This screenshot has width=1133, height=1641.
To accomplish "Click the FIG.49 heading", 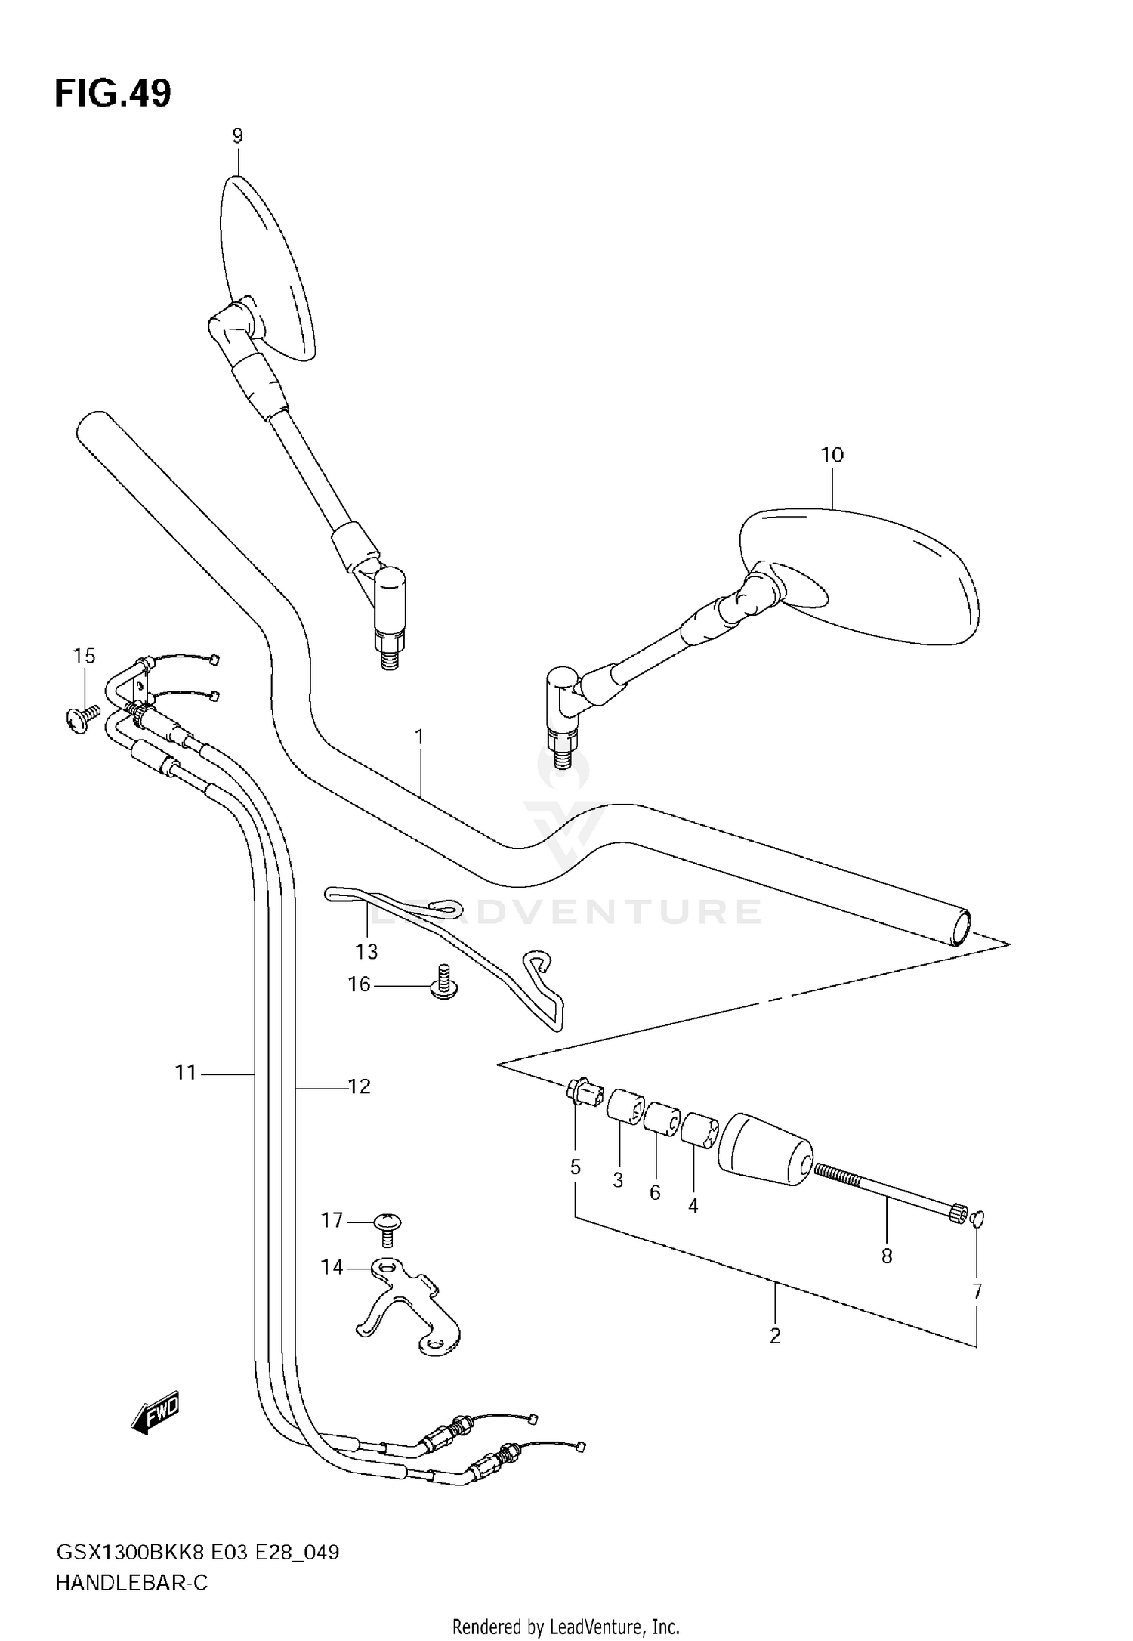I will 113,94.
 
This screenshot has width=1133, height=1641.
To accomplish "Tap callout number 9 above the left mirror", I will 237,137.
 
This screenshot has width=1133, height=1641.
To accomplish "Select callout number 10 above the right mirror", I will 832,455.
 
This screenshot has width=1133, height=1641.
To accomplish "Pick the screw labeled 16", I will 444,982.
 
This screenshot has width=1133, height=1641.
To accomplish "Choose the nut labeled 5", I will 582,1092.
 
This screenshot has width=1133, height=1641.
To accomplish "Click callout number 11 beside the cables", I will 186,1072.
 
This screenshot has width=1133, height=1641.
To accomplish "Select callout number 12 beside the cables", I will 360,1086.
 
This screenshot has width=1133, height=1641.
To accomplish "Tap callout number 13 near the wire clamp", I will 367,951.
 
